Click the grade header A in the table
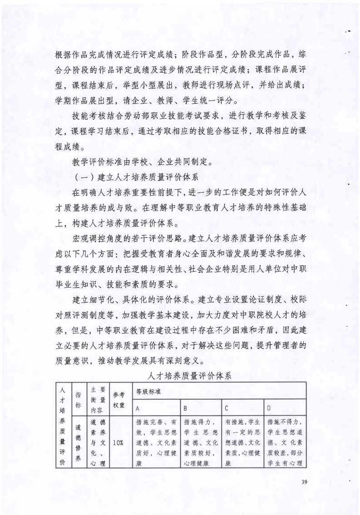click(x=138, y=408)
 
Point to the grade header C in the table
click(x=226, y=408)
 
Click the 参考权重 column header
click(x=118, y=399)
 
